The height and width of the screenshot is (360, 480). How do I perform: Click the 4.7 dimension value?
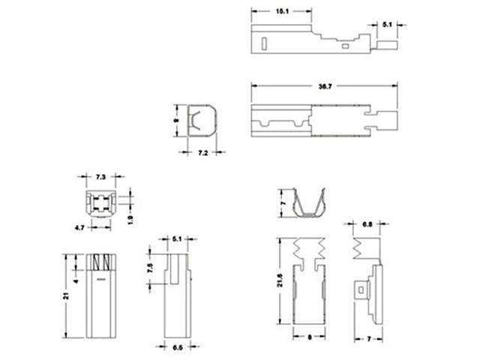(78, 225)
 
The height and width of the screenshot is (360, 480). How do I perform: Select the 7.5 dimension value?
(150, 268)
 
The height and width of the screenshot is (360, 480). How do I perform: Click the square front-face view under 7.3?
(100, 202)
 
